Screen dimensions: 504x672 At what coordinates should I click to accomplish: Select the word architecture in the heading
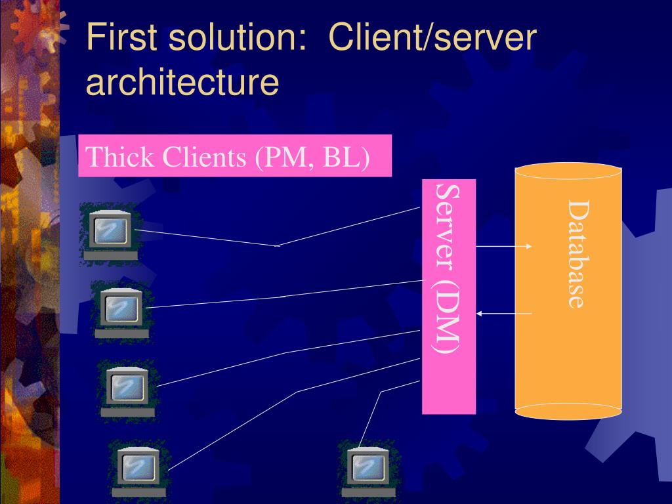(x=183, y=82)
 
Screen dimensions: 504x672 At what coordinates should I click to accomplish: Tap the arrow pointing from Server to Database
(x=503, y=247)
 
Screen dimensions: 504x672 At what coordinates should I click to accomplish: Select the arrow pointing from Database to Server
(x=503, y=314)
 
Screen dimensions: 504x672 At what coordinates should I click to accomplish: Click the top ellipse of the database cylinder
(x=568, y=172)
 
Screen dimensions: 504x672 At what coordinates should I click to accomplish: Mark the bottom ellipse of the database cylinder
(x=568, y=411)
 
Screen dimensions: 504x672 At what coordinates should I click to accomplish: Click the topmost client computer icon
(x=108, y=231)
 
